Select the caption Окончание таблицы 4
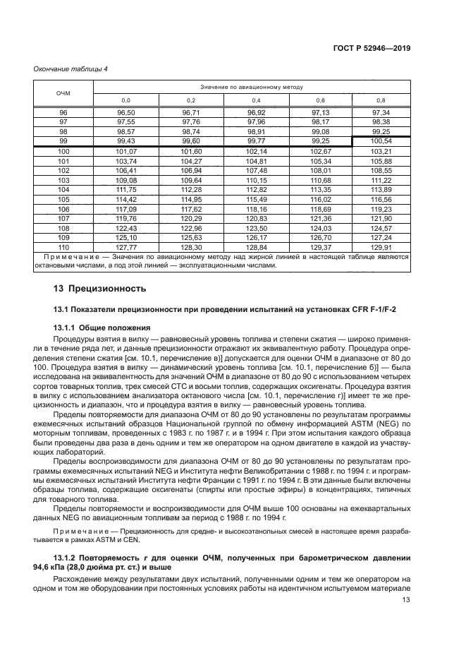tap(70, 68)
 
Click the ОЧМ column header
tap(63, 93)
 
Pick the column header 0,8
tap(381, 100)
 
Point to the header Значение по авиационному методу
tap(252, 87)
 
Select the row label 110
tap(63, 247)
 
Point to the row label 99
tap(63, 141)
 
